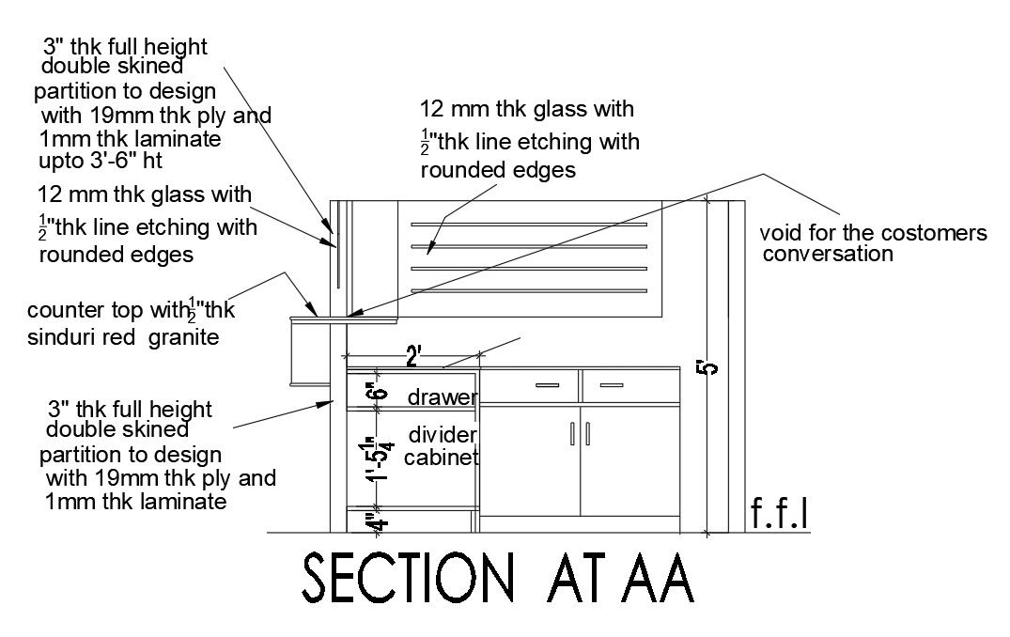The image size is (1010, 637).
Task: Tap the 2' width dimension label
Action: pyautogui.click(x=413, y=356)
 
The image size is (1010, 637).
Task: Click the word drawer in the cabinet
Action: pyautogui.click(x=442, y=398)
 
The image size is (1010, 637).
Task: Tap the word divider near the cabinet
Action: pyautogui.click(x=443, y=434)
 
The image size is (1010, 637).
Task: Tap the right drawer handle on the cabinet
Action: pyautogui.click(x=612, y=385)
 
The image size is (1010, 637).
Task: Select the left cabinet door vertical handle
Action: pyautogui.click(x=572, y=434)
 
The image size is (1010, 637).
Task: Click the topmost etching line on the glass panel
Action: pyautogui.click(x=529, y=225)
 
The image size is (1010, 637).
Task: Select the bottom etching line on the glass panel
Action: pyautogui.click(x=529, y=289)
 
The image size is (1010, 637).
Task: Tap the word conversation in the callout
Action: pyautogui.click(x=828, y=254)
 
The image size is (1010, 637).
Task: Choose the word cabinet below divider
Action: pyautogui.click(x=443, y=458)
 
